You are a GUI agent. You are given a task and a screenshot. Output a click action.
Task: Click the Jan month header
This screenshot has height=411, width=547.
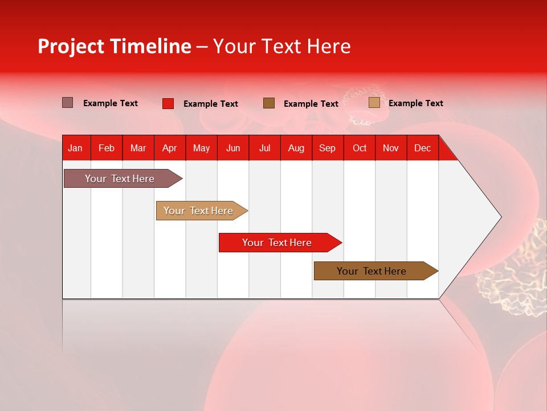pyautogui.click(x=75, y=148)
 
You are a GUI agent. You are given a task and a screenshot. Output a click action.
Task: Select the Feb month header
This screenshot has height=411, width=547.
pyautogui.click(x=107, y=148)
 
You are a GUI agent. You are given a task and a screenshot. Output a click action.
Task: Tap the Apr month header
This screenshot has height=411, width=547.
pyautogui.click(x=169, y=148)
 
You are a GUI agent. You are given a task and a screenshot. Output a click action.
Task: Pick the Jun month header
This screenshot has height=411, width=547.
pyautogui.click(x=233, y=148)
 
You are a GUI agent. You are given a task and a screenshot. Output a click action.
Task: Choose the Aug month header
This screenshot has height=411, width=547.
pyautogui.click(x=296, y=148)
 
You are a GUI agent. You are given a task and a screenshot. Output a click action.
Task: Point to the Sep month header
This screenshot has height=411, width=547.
pyautogui.click(x=327, y=148)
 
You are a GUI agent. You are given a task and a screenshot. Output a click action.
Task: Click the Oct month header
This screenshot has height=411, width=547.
pyautogui.click(x=360, y=148)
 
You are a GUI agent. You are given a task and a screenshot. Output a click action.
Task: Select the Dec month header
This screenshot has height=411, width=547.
pyautogui.click(x=422, y=148)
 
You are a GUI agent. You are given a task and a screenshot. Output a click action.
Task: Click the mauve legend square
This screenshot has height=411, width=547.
pyautogui.click(x=67, y=103)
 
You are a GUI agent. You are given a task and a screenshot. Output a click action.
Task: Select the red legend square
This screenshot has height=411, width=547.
pyautogui.click(x=168, y=103)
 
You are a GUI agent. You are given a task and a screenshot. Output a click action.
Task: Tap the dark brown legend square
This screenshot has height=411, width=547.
pyautogui.click(x=269, y=103)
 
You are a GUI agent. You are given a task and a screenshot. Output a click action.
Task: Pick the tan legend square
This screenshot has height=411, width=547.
pyautogui.click(x=374, y=103)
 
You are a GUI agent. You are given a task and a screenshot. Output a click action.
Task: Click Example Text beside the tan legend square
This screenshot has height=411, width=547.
pyautogui.click(x=415, y=103)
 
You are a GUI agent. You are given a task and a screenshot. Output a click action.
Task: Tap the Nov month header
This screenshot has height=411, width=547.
pyautogui.click(x=391, y=148)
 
